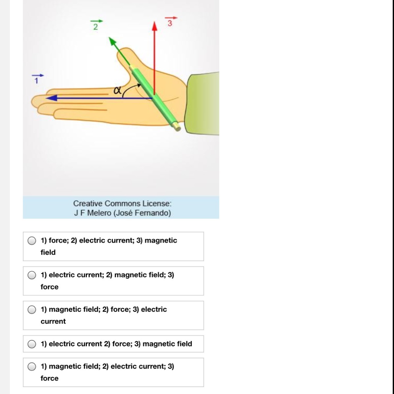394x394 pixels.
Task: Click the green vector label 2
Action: pyautogui.click(x=96, y=25)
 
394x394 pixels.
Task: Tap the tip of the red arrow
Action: pyautogui.click(x=155, y=21)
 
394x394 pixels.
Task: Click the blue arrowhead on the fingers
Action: pyautogui.click(x=52, y=98)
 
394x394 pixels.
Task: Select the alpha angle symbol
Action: pyautogui.click(x=117, y=90)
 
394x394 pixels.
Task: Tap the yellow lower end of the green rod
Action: pyautogui.click(x=177, y=126)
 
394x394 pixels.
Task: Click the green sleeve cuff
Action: pyautogui.click(x=202, y=103)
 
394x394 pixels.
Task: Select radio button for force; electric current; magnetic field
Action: pyautogui.click(x=32, y=241)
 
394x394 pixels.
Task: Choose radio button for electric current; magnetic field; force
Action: pyautogui.click(x=32, y=275)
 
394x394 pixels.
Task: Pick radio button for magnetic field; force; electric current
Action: pyautogui.click(x=32, y=310)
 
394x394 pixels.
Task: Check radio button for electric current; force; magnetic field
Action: pyautogui.click(x=32, y=344)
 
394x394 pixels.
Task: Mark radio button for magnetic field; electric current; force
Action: pyautogui.click(x=32, y=367)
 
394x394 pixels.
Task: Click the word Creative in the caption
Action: pyautogui.click(x=88, y=204)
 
